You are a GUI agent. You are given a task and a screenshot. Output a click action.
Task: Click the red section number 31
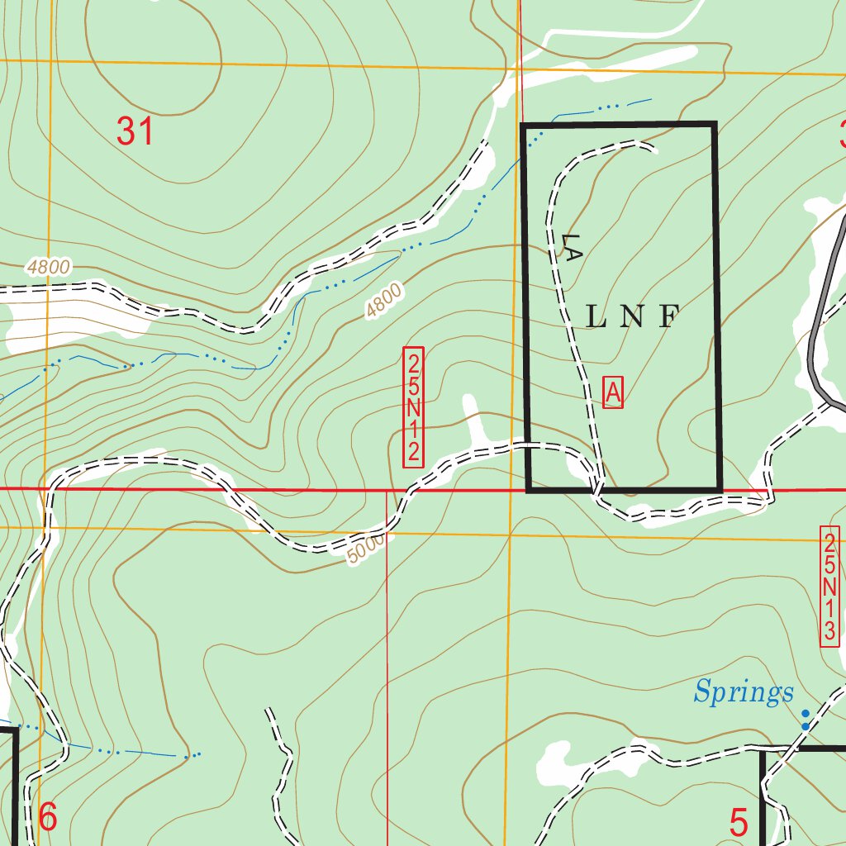(x=135, y=131)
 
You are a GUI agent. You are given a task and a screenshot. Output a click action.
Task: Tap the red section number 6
(x=48, y=818)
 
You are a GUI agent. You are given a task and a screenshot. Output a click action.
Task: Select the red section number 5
(x=739, y=822)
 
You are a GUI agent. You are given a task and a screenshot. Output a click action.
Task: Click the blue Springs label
(x=744, y=692)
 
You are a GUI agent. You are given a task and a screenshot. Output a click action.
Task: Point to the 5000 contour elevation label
(x=366, y=549)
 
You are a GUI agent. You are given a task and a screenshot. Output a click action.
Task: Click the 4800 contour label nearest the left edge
(x=49, y=267)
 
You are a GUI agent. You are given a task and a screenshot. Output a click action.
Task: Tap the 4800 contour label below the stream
(x=384, y=301)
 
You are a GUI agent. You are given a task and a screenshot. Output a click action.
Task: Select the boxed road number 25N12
(x=414, y=407)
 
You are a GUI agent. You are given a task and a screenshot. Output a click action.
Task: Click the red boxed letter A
(x=613, y=392)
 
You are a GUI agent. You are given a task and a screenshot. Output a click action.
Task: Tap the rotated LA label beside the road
(x=569, y=247)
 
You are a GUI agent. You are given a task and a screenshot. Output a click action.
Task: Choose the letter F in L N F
(x=669, y=316)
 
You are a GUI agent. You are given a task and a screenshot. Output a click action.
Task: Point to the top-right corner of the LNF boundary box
(x=714, y=125)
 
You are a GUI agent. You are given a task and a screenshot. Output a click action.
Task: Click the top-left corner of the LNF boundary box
(x=523, y=126)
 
